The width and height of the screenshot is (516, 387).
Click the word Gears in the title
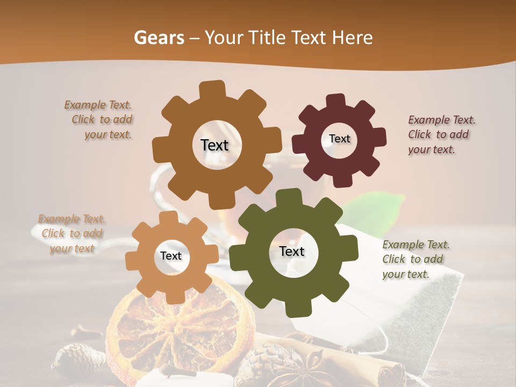click(x=159, y=38)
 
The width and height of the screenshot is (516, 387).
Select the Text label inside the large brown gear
click(x=214, y=145)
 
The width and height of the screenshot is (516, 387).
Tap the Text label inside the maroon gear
click(x=339, y=139)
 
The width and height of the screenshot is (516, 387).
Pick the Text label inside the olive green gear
click(x=292, y=252)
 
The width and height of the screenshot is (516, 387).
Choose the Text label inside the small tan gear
click(x=171, y=256)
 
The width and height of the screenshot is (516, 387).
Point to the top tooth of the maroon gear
click(x=336, y=101)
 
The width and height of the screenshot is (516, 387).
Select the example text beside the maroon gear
click(x=441, y=134)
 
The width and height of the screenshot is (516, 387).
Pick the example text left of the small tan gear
click(x=71, y=233)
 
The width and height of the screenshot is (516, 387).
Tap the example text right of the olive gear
click(x=415, y=259)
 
